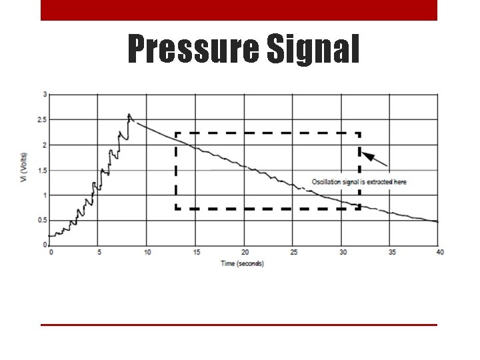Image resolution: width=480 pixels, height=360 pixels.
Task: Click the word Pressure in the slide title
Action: tap(192, 49)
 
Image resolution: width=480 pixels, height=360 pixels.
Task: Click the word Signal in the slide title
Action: tap(312, 49)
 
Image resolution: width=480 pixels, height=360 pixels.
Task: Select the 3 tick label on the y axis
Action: tap(45, 95)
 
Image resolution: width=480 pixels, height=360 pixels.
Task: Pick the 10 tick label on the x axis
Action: tap(147, 252)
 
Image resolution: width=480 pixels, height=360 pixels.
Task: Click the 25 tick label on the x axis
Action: tap(293, 252)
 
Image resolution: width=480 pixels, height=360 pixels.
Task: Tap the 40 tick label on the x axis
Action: tap(439, 252)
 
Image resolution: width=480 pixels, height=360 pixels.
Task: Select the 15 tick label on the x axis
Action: tap(196, 252)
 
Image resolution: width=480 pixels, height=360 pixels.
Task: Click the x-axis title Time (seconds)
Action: tap(243, 263)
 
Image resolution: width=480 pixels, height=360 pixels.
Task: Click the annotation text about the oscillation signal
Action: tap(359, 182)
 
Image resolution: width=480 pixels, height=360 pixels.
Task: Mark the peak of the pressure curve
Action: tap(129, 115)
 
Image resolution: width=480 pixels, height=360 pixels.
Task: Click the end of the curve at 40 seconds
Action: tap(438, 221)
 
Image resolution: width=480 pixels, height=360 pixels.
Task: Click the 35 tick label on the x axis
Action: tap(391, 252)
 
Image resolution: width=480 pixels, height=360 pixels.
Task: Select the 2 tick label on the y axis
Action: tap(45, 145)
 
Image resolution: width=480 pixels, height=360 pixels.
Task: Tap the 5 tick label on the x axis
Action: tap(99, 252)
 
